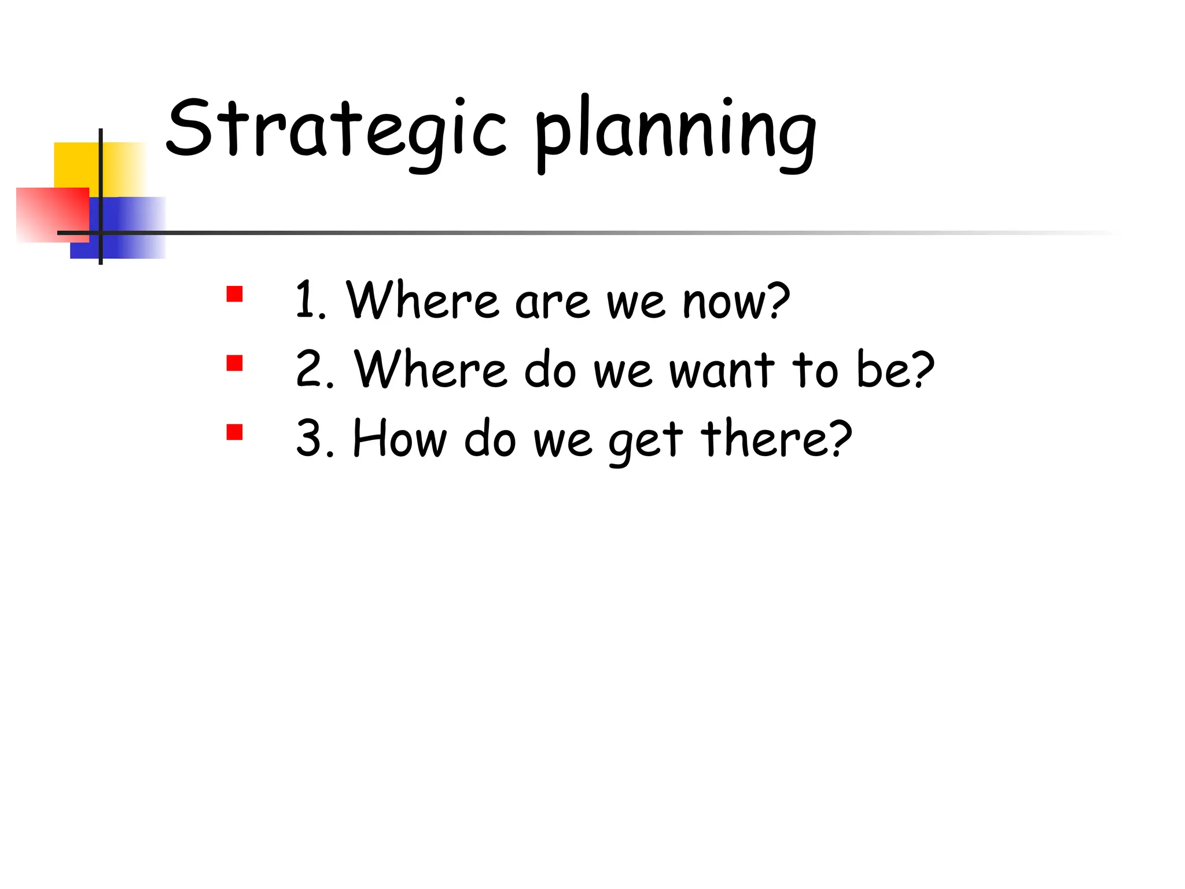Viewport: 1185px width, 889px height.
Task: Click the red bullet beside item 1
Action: (234, 294)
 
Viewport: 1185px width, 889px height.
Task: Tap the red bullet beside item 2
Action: (234, 363)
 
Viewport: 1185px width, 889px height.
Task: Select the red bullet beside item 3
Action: (234, 432)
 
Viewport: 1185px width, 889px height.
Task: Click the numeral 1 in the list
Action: (306, 300)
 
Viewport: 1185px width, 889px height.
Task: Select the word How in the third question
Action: (400, 438)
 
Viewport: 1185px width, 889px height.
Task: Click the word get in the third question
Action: (645, 441)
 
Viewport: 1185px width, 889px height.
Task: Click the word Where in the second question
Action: (430, 369)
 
